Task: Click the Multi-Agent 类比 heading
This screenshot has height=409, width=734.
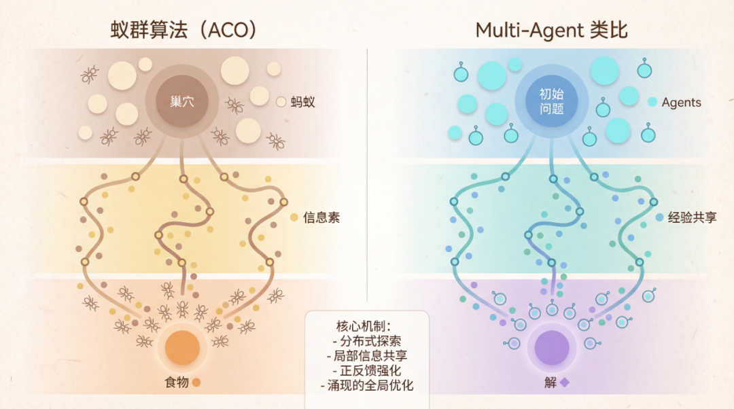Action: point(550,30)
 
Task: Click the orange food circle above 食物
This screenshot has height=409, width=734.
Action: point(182,347)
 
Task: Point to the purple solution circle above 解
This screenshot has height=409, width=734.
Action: point(551,347)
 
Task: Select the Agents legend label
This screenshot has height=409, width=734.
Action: point(681,103)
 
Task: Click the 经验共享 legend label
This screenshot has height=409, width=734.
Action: point(692,218)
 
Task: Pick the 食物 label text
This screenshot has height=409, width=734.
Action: point(176,382)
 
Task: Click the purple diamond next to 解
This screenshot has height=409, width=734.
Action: point(564,383)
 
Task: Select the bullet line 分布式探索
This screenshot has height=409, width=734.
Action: point(367,340)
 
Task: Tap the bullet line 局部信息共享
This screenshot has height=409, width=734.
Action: point(367,355)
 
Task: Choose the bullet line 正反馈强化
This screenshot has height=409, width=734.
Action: point(367,370)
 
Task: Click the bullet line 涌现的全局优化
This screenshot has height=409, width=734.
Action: point(367,385)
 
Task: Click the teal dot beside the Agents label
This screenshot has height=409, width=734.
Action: point(652,103)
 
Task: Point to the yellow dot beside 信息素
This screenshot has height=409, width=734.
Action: point(294,218)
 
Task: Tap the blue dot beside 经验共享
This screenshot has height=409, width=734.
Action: point(659,218)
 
